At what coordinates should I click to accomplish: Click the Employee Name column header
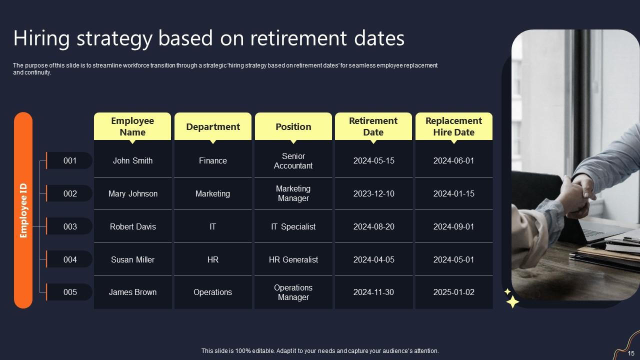coord(132,126)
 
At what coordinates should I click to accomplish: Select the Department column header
coord(213,126)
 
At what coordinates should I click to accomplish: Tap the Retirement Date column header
coord(373,126)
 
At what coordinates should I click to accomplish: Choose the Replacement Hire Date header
coord(453,126)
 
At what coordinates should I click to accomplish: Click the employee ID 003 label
coord(70,226)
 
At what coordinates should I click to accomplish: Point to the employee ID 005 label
coord(70,292)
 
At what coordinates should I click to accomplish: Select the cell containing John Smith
coord(132,160)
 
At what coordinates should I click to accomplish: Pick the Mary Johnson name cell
coord(132,193)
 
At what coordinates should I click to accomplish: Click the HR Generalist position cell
coord(293,259)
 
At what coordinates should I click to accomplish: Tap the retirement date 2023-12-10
coord(373,193)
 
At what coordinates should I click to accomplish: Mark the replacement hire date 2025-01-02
coord(453,292)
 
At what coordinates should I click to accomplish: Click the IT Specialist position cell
coord(293,226)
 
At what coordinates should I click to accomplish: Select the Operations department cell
coord(213,292)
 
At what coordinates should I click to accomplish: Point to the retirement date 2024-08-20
coord(373,226)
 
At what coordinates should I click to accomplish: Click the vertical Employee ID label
coord(23,210)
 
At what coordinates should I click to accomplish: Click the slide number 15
coord(631,353)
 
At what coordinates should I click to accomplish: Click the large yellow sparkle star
coord(512,301)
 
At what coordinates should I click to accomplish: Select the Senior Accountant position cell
coord(293,160)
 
